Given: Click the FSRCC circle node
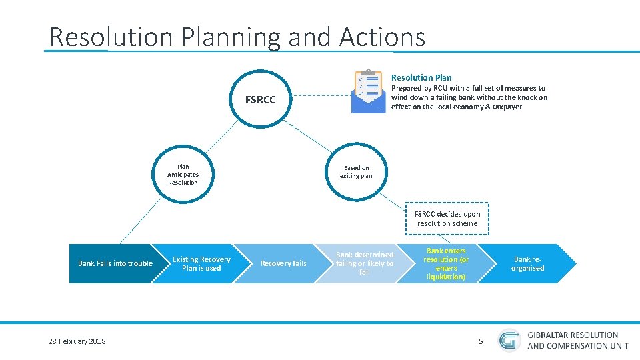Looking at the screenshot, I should [x=259, y=101].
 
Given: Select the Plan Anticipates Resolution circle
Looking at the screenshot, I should [x=183, y=175].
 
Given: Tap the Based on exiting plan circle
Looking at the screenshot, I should [x=356, y=172].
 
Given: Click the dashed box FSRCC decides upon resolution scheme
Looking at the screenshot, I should [x=447, y=219].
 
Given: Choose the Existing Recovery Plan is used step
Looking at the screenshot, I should [x=201, y=263].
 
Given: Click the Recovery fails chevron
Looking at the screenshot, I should [x=283, y=263].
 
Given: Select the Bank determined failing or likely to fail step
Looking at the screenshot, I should [x=364, y=263].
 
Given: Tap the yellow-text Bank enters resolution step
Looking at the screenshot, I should [x=445, y=263].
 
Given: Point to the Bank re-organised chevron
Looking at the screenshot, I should [x=527, y=263].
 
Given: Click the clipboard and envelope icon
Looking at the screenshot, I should [x=369, y=91].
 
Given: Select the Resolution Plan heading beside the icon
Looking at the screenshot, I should [x=421, y=77].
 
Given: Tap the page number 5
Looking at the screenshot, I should [x=481, y=341].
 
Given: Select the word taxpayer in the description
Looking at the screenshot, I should [x=506, y=107].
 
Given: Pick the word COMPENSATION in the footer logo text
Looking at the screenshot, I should [x=573, y=345].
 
